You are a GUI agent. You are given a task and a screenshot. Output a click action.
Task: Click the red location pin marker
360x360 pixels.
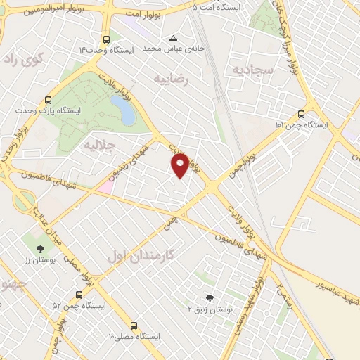[180, 165]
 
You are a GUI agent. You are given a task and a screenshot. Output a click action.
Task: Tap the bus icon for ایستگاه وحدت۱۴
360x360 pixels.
[105, 40]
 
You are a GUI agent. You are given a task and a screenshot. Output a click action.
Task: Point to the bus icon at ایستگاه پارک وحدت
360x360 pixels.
[48, 100]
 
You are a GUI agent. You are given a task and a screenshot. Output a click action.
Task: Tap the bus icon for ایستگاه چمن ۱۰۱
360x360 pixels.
[302, 114]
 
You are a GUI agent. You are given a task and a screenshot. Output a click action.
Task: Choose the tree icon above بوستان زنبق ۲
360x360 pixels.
[208, 298]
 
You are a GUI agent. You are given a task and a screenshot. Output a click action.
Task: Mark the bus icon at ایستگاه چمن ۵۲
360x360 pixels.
[78, 295]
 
